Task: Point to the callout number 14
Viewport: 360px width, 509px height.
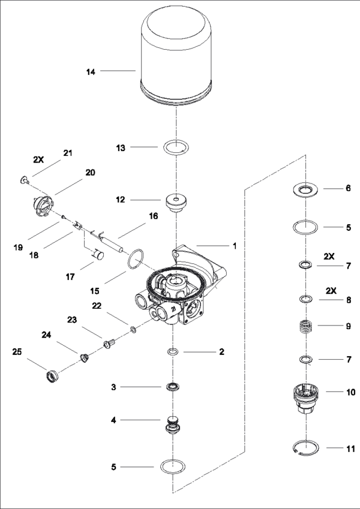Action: tap(91, 71)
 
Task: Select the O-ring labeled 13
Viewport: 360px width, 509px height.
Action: tap(176, 147)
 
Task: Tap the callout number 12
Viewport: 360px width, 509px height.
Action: tap(119, 200)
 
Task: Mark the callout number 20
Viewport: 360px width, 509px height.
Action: tap(91, 172)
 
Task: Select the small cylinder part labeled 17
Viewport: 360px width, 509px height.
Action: tap(98, 255)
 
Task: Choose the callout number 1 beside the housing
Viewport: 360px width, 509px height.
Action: tap(235, 246)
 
